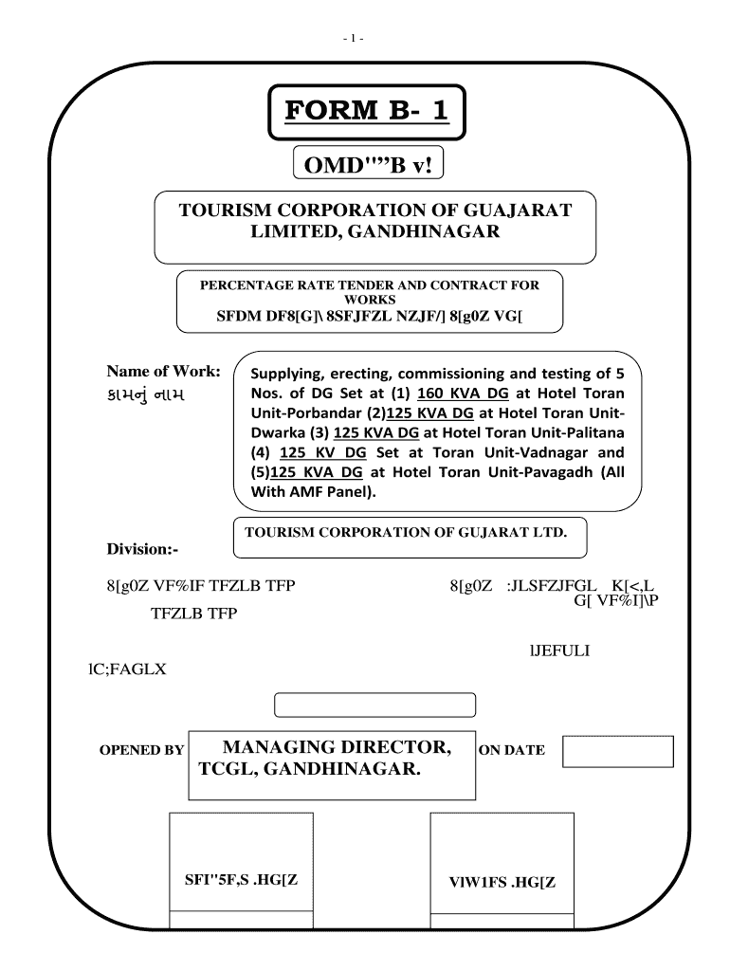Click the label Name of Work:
(x=164, y=370)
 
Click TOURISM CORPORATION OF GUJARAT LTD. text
(x=406, y=533)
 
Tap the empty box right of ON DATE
(x=617, y=751)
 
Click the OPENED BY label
(x=142, y=750)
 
